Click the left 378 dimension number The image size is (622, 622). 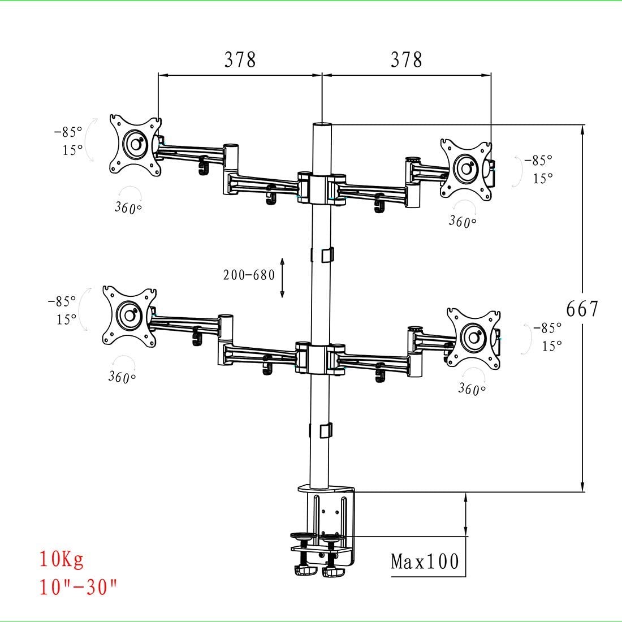click(240, 59)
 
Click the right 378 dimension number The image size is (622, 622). click(406, 59)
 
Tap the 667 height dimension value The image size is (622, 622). click(582, 309)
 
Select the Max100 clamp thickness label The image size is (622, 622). click(425, 561)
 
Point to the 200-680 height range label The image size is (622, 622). click(249, 275)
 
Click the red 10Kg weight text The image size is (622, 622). click(61, 559)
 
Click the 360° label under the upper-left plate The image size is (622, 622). click(128, 208)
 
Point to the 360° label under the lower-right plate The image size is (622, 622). click(472, 389)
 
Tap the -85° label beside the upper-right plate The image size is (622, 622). click(538, 161)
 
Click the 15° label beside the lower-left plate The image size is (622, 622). click(66, 319)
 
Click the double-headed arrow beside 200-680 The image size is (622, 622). click(282, 278)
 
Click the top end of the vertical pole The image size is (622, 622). click(321, 125)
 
